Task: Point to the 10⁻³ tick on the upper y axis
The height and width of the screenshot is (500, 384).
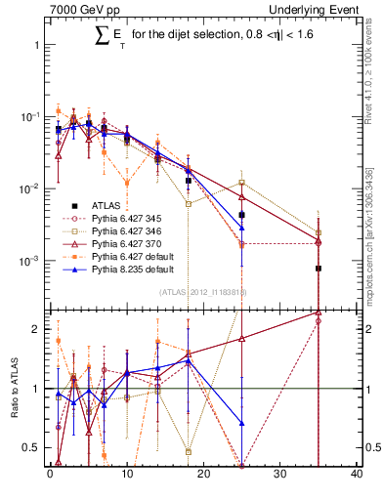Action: point(30,261)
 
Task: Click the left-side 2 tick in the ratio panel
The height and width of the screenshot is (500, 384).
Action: point(36,329)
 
